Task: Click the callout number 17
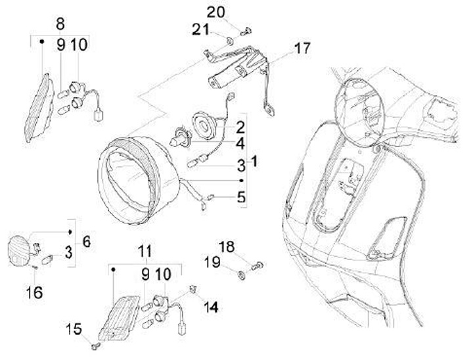coord(302,48)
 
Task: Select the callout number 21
coord(200,30)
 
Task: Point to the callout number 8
coord(60,24)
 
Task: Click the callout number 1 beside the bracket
coord(254,162)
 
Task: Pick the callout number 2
coord(240,127)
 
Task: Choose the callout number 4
coord(240,144)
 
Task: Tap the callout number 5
coord(241,197)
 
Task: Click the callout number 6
coord(87,242)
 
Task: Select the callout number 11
coord(145,252)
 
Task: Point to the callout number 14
coord(211,307)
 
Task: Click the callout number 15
coord(74,328)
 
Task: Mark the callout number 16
coord(34,292)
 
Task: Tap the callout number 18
coord(226,247)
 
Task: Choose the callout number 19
coord(212,262)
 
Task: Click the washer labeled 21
coord(230,41)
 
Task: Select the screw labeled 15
coord(96,346)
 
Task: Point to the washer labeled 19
coord(242,275)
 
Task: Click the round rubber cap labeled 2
coord(203,124)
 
